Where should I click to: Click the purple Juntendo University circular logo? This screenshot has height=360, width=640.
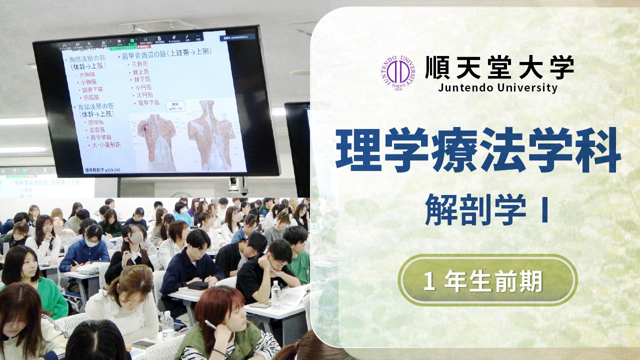coord(397,73)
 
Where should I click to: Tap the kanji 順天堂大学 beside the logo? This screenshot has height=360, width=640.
coord(499,68)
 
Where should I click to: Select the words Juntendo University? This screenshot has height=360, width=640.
coord(497,88)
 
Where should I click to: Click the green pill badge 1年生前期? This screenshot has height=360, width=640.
coord(487,281)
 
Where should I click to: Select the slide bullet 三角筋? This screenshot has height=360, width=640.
coord(138,64)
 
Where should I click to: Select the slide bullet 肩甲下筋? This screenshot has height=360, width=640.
coord(148,103)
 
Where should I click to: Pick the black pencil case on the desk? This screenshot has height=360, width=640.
coord(197,285)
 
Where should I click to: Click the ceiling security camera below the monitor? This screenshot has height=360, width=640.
coord(237,187)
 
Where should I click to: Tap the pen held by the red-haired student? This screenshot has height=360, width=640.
coord(210,325)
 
